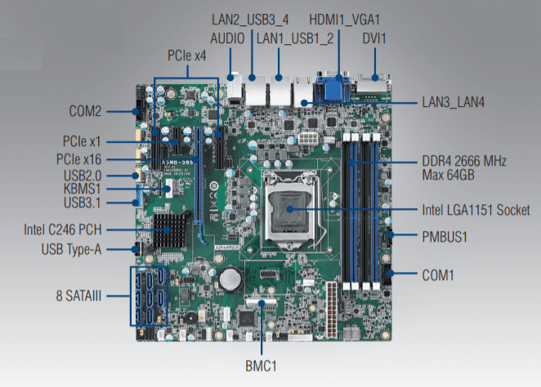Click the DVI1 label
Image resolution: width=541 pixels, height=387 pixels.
pos(375,38)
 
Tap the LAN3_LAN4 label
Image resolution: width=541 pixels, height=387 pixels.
pos(454,103)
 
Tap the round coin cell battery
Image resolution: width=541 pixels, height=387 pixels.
pos(231,278)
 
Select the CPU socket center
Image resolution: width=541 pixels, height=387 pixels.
pos(290,210)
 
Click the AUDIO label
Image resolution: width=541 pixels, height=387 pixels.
pos(228,38)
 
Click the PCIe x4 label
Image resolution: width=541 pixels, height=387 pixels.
pos(187,56)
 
